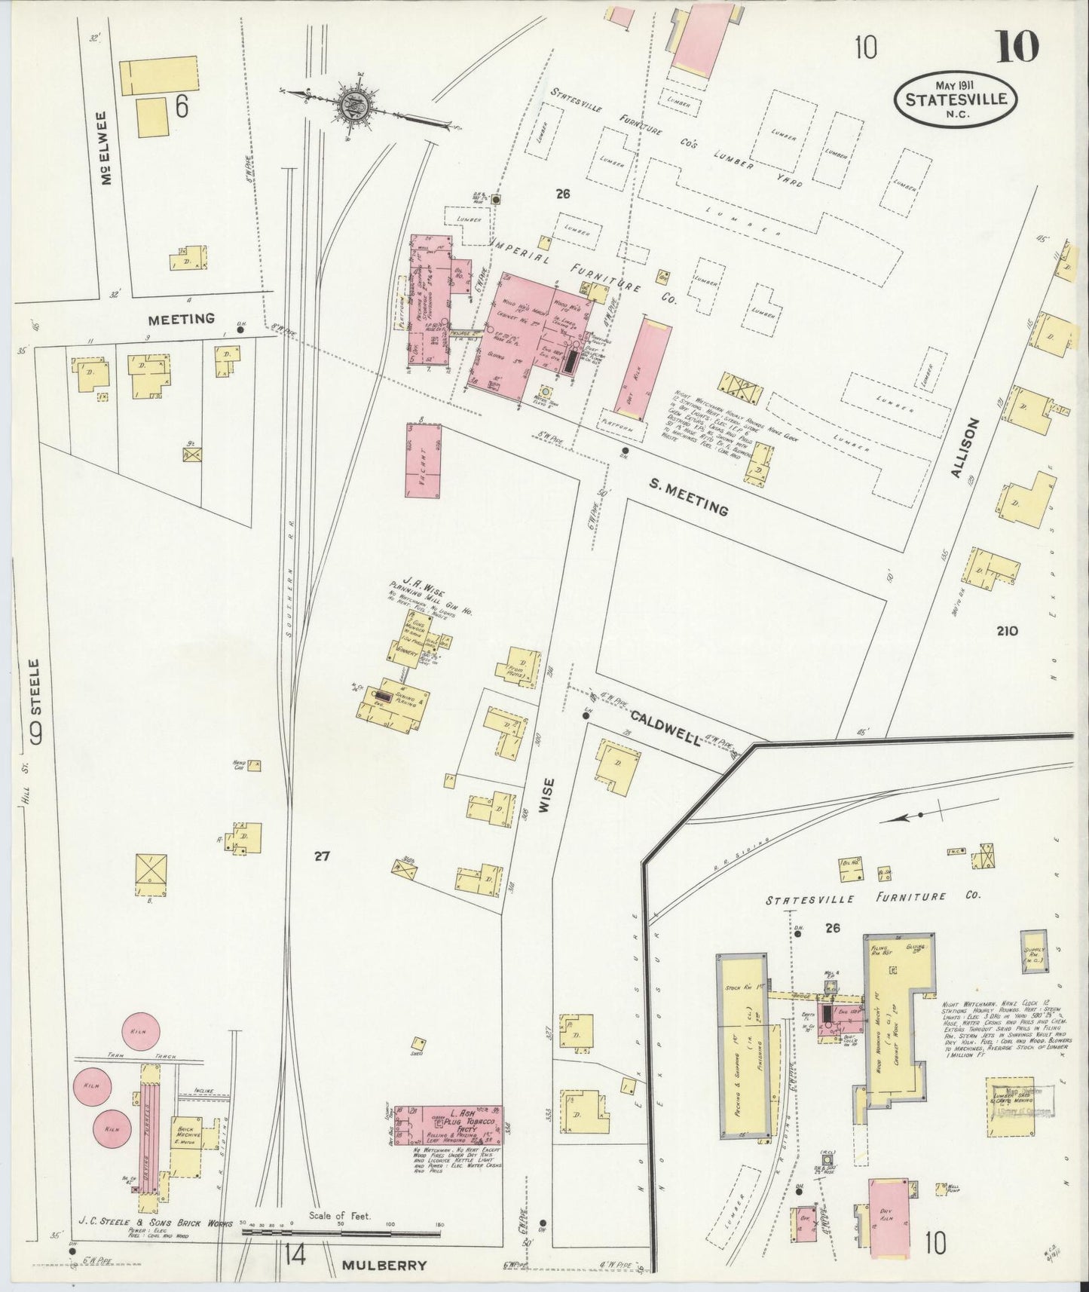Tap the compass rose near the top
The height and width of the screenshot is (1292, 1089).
[x=351, y=106]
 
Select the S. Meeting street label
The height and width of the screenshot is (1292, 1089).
[x=689, y=498]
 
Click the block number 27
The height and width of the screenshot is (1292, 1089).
[x=323, y=856]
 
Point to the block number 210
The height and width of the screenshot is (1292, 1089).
[x=1007, y=631]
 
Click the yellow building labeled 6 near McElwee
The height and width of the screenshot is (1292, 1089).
[x=160, y=75]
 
